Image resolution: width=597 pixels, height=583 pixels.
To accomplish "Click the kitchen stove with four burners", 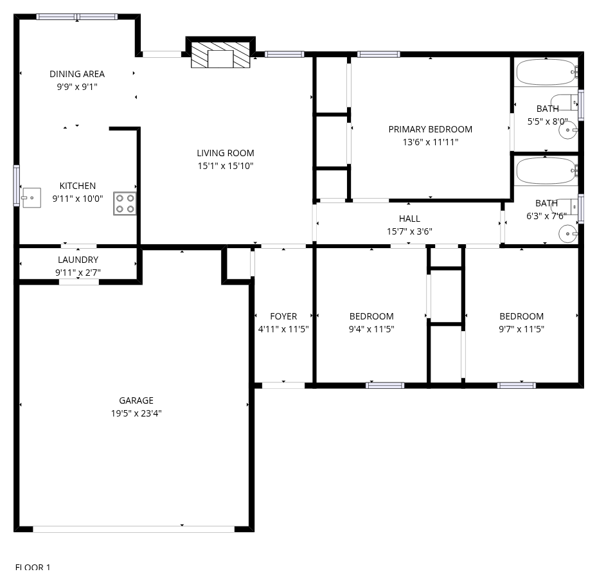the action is click(x=125, y=203).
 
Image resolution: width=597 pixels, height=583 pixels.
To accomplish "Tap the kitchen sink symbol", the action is click(x=31, y=197).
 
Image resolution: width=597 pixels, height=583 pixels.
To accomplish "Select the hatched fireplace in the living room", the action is click(x=220, y=55).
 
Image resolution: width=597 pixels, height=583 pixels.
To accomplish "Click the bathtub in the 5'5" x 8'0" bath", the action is click(x=547, y=72).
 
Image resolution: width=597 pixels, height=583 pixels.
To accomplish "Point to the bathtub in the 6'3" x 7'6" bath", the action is click(x=547, y=171).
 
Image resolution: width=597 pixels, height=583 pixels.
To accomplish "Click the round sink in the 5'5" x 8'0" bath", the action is click(x=567, y=130).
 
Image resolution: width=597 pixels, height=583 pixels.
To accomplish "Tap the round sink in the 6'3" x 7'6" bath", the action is click(x=567, y=233).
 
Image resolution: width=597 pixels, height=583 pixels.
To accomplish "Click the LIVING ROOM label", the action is click(x=226, y=153).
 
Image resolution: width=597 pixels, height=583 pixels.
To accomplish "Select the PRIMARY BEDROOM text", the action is click(x=430, y=129).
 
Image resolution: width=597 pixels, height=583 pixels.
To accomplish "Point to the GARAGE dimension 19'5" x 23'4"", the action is click(x=136, y=413).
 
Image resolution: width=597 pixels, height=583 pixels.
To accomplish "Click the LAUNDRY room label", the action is click(x=78, y=260).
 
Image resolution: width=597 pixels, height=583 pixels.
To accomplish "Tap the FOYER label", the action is click(x=283, y=316).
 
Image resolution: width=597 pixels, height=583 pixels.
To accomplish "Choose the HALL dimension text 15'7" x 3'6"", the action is click(x=410, y=231).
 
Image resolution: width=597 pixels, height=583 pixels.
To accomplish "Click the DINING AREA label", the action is click(x=77, y=74).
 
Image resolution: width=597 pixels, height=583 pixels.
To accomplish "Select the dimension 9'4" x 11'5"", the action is click(x=371, y=329).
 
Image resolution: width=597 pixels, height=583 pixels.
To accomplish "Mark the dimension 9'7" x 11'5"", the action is click(x=522, y=329).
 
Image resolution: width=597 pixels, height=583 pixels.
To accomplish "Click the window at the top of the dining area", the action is click(x=77, y=17).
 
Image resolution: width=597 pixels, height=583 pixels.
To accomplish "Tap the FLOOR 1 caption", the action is click(x=33, y=567).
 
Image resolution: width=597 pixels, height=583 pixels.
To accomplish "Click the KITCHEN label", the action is click(x=78, y=186).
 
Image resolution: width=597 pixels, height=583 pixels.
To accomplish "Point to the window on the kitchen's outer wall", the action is click(x=16, y=186).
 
